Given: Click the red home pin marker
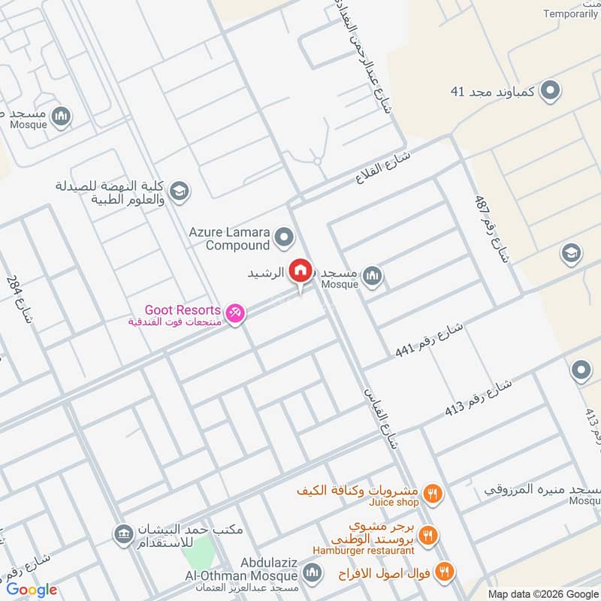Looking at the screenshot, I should [300, 271].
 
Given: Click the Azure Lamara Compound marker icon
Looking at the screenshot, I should [283, 238].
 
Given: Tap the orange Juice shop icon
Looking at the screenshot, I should [432, 494].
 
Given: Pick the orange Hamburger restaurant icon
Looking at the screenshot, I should [427, 536].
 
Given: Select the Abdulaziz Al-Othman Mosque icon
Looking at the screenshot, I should [314, 574].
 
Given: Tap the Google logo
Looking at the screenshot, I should [32, 590].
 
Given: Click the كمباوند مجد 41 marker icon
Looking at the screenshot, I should [551, 92].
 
